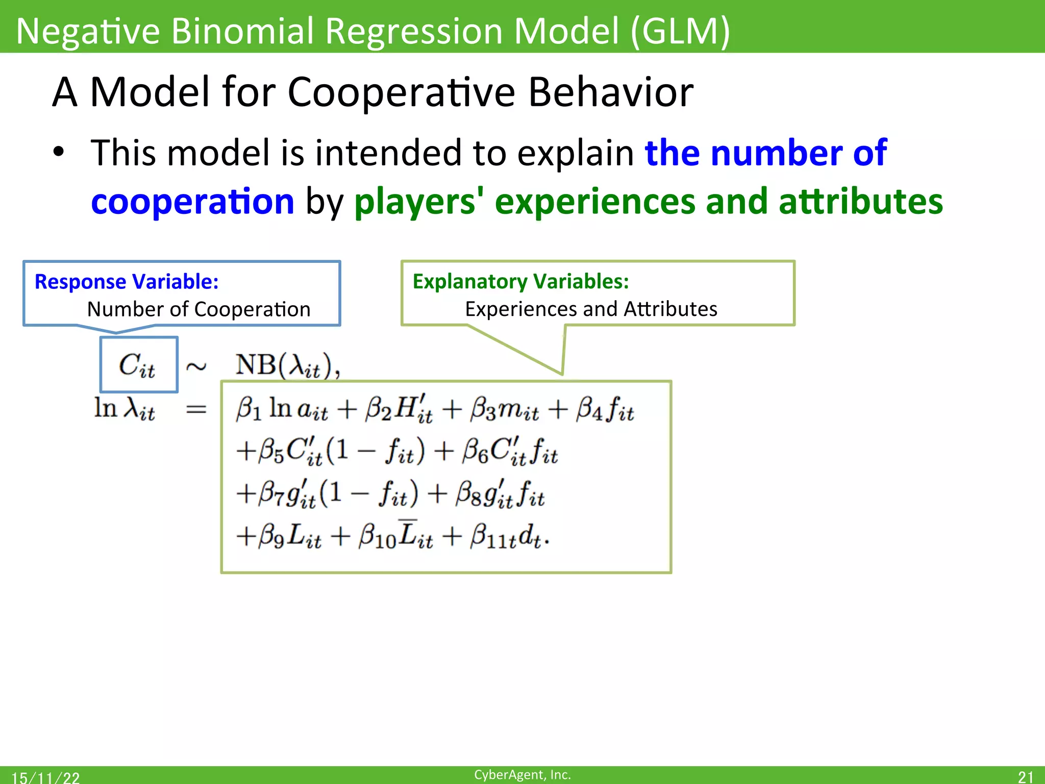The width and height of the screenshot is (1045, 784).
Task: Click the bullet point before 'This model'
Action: point(59,152)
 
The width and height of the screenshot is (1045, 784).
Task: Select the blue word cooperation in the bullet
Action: point(192,201)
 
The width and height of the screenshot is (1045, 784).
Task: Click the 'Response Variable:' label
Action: point(127,282)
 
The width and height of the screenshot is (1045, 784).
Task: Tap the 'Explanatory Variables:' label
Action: point(520,282)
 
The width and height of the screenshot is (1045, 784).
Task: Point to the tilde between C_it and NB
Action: point(196,366)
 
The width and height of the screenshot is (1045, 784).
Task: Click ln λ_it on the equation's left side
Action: point(125,409)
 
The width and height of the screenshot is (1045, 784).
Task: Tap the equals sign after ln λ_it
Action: point(196,409)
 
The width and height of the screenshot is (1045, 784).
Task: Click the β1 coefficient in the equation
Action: point(248,409)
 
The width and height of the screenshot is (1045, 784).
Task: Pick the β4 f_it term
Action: point(605,409)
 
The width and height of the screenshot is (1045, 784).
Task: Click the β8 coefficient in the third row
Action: point(469,494)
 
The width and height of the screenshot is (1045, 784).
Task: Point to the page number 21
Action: point(1025,777)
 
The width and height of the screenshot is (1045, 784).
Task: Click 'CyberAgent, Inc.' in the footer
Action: point(522,775)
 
